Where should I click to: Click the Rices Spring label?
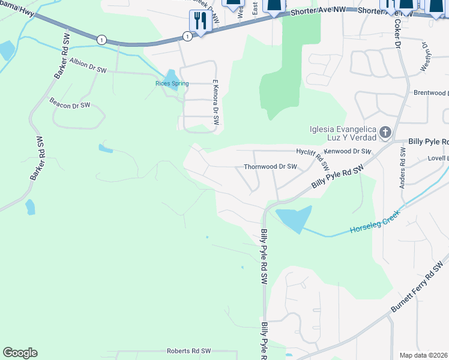(172, 83)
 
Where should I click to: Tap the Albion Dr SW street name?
(88, 65)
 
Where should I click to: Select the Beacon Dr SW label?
(70, 103)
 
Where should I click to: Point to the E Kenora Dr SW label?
(215, 103)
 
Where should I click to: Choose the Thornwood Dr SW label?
(270, 167)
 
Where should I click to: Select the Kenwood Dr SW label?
(348, 152)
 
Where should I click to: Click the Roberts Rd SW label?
(189, 351)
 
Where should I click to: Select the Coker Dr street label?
(398, 34)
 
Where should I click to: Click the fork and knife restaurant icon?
(200, 21)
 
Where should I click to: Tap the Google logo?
(20, 353)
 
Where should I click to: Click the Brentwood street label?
(430, 94)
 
